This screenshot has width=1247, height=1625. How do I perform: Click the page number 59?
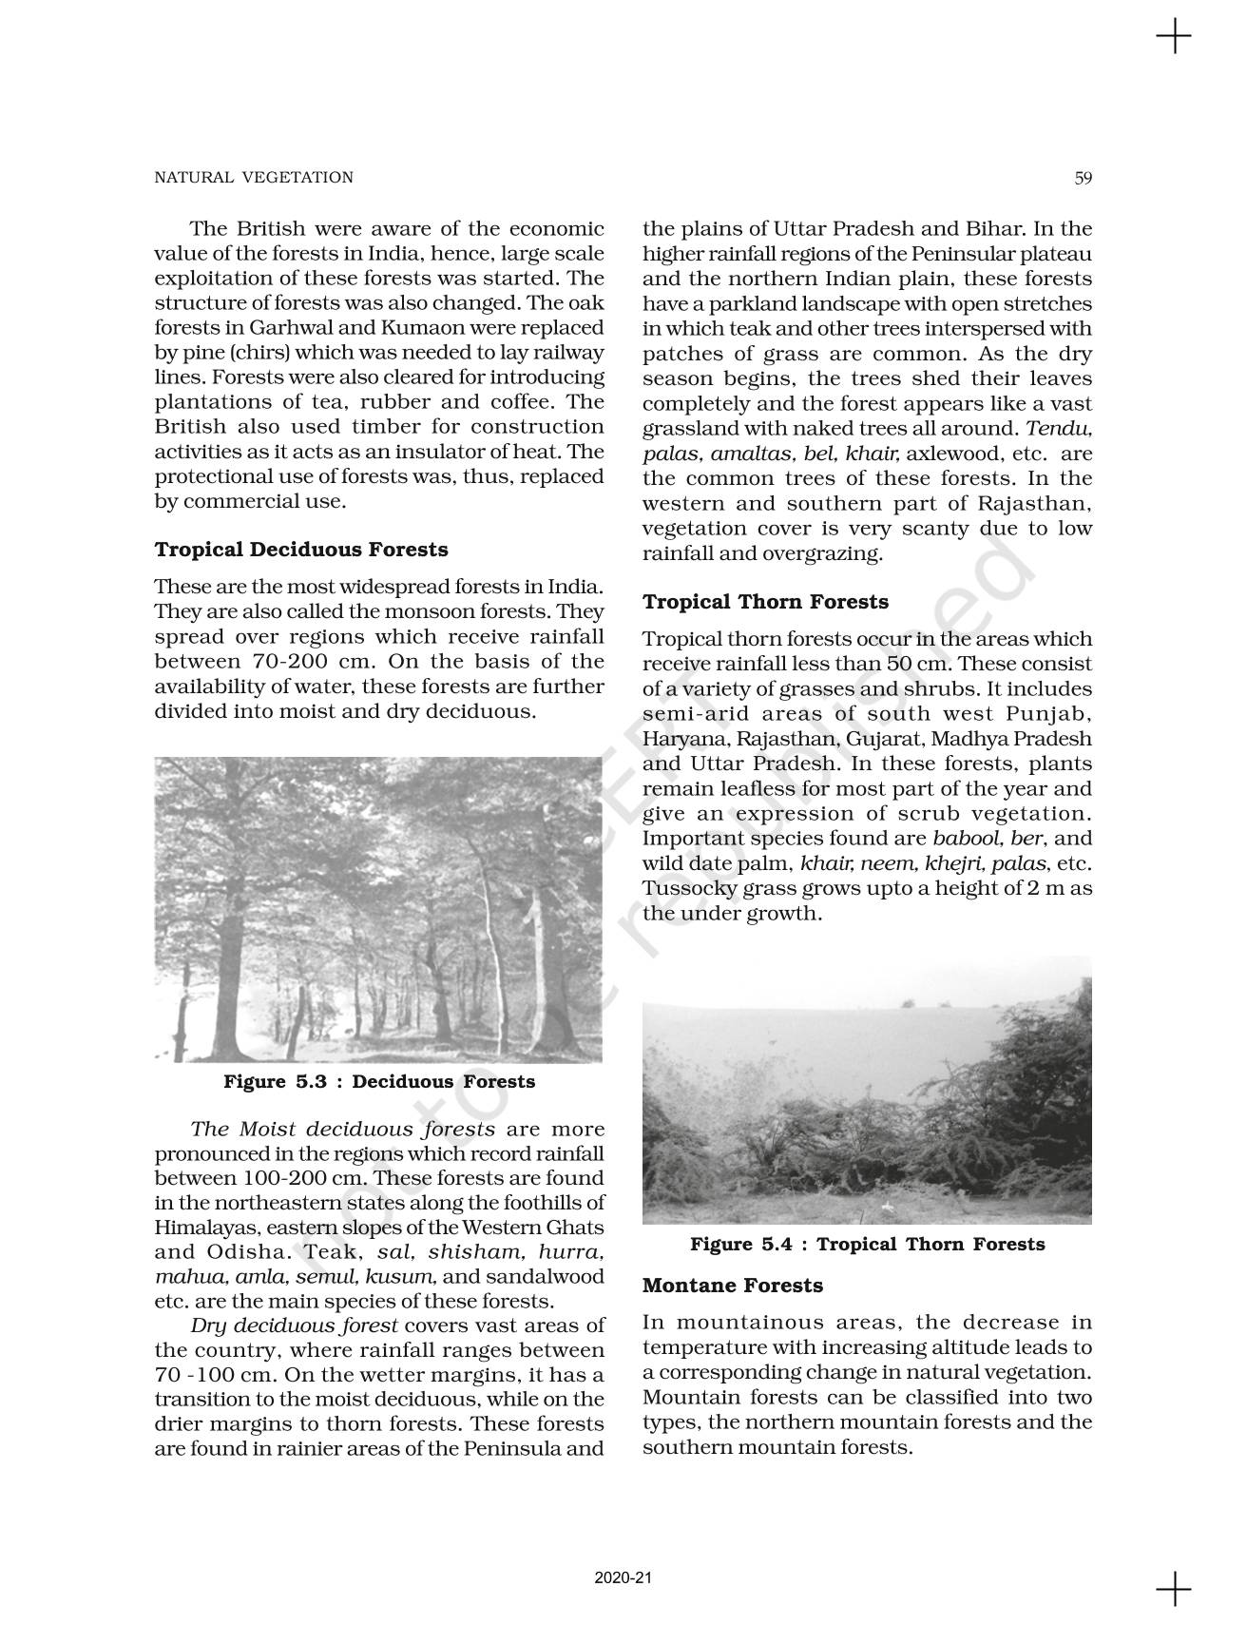coord(1083,177)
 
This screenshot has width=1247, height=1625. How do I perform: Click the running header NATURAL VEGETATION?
coord(254,177)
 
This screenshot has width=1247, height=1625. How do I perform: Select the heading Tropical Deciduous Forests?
coord(300,550)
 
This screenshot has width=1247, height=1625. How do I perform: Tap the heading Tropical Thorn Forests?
coord(765,602)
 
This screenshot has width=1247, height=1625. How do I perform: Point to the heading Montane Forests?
coord(732,1286)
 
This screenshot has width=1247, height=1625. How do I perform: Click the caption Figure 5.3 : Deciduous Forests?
coord(378,1082)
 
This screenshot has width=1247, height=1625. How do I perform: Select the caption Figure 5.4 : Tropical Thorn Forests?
coord(867,1245)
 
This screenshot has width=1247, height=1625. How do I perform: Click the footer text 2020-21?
coord(623,1578)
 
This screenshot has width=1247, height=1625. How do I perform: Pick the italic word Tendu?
coord(1058,429)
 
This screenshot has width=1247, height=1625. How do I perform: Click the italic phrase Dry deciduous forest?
coord(294,1325)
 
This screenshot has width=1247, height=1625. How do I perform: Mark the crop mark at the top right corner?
coord(1174,37)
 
